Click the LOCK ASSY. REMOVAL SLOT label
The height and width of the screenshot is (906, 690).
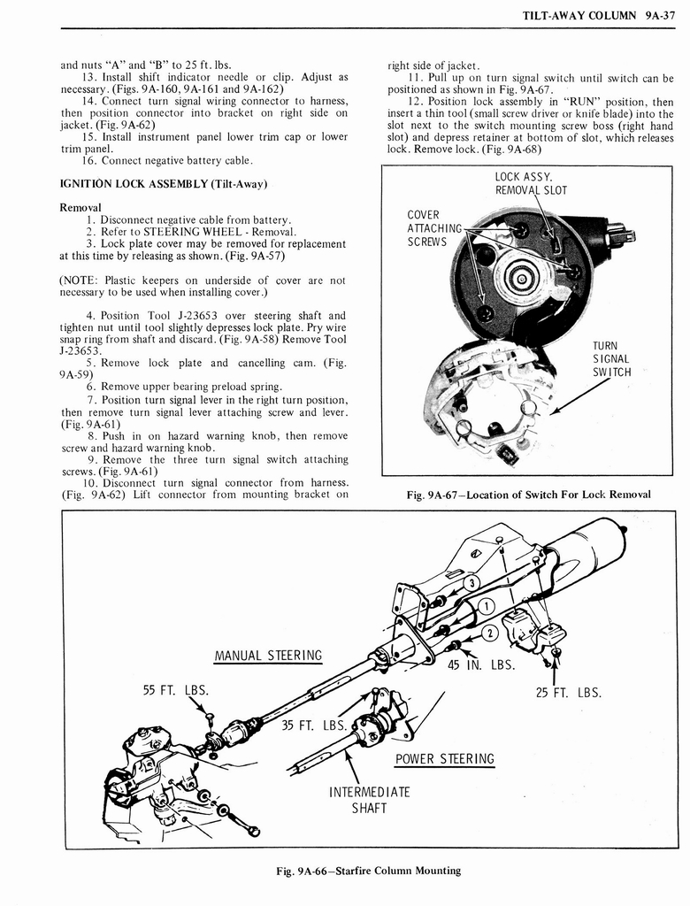[x=531, y=183]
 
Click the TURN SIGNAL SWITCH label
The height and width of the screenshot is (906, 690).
[x=611, y=358]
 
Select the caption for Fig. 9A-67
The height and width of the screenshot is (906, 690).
[x=528, y=494]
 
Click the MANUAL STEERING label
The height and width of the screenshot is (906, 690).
[x=267, y=656]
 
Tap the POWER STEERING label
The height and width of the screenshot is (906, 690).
[x=444, y=758]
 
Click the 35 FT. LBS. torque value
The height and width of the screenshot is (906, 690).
[x=312, y=726]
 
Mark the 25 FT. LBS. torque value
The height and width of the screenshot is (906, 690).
[x=569, y=692]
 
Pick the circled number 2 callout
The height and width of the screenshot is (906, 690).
[x=492, y=632]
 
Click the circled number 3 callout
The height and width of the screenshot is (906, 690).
[x=472, y=581]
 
